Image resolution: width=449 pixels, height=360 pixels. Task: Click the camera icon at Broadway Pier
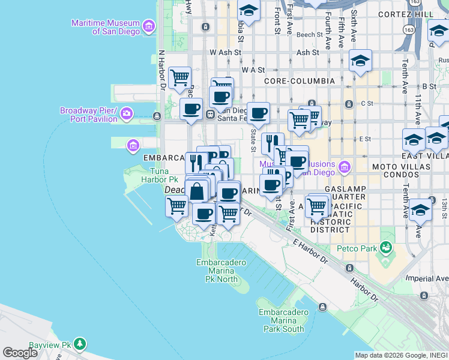126,113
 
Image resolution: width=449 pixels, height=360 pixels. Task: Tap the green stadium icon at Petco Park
385,247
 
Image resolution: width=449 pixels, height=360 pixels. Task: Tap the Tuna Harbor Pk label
155,175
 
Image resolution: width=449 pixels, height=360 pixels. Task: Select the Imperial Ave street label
427,278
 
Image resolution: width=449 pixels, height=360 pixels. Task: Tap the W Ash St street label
225,53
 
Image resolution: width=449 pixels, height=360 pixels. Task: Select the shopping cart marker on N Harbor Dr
179,77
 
